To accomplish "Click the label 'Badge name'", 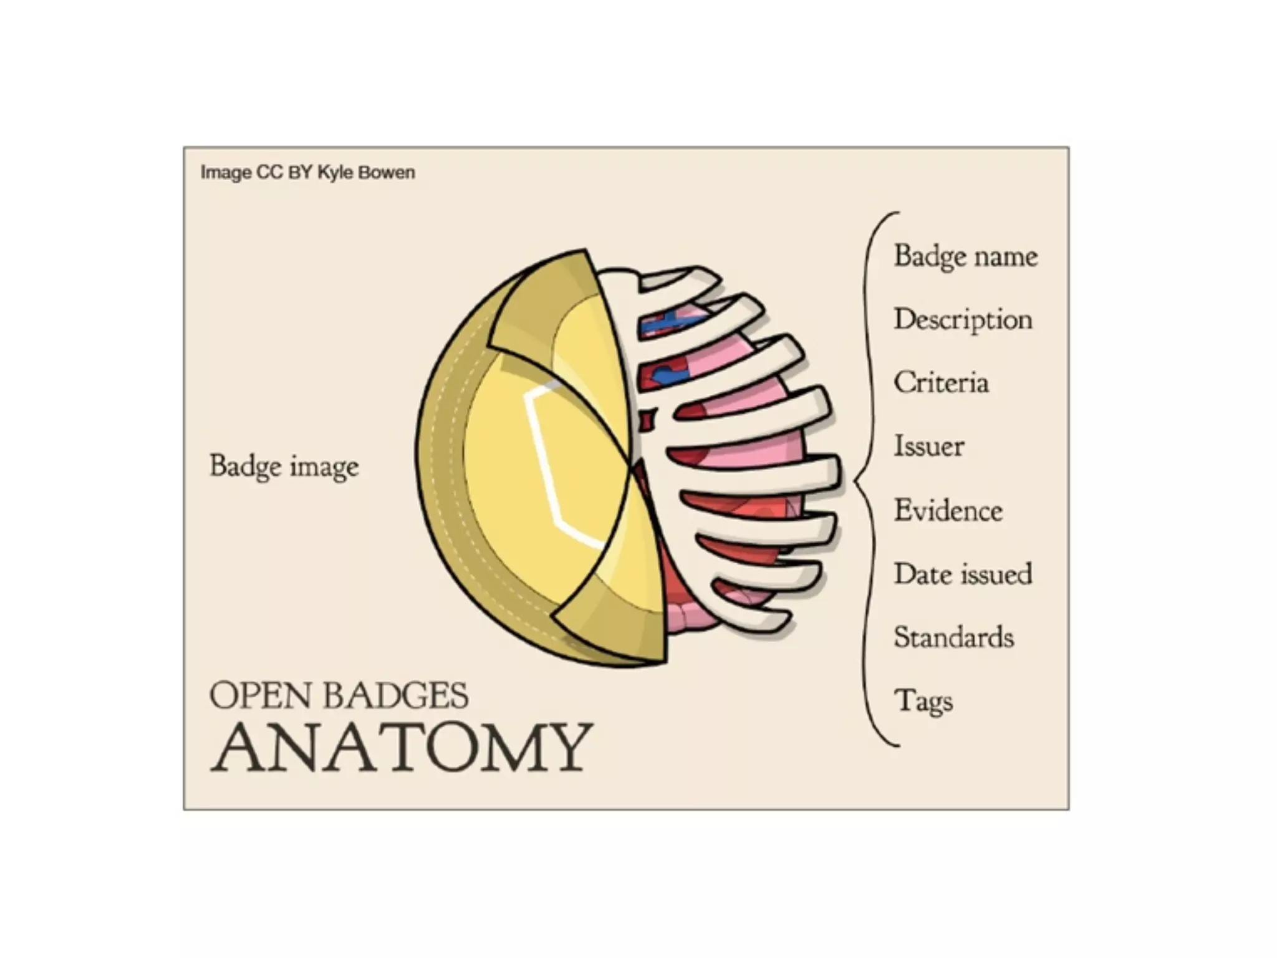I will (x=965, y=256).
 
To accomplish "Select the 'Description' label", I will (x=963, y=320).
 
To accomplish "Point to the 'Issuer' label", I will (x=928, y=447).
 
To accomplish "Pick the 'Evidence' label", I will (x=948, y=510).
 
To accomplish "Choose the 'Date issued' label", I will (x=963, y=574).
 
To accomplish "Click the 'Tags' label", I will (x=923, y=701).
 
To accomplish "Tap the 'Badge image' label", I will (x=284, y=467).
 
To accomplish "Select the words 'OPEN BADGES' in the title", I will (x=339, y=695).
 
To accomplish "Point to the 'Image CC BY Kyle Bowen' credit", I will (x=307, y=172).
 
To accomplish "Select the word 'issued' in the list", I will (x=996, y=574).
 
